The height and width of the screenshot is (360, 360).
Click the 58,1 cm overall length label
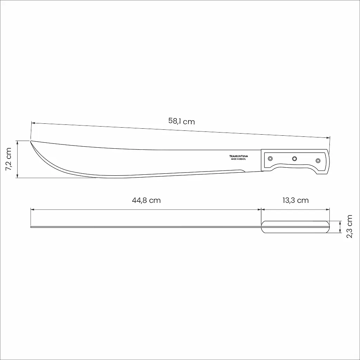181,121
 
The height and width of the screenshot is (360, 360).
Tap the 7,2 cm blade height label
8,159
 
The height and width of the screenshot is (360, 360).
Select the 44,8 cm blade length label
146,200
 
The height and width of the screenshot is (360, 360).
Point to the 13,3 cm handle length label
295,200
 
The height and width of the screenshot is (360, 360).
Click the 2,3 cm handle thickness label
349,226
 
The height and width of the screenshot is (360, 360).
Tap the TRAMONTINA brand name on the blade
239,156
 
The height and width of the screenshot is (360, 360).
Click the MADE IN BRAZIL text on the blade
239,159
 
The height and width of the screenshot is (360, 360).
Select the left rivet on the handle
270,159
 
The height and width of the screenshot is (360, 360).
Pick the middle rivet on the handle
294,159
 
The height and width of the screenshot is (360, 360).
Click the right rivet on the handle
318,160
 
